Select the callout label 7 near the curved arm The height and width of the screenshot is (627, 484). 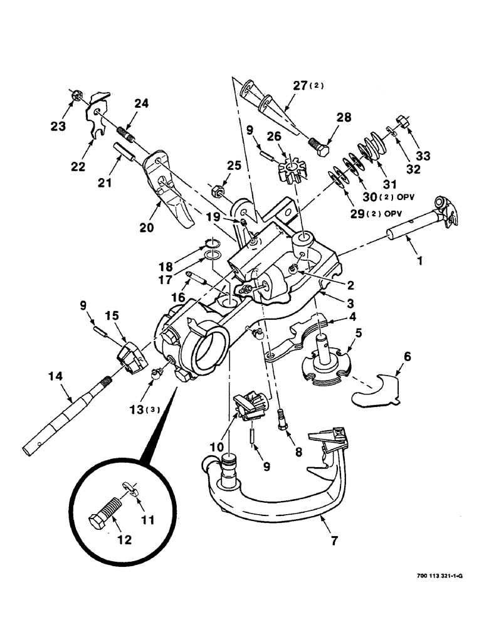(x=334, y=539)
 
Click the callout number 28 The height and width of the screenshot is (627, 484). (x=344, y=117)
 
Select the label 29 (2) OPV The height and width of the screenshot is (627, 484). (x=376, y=213)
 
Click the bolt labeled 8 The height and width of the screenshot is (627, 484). (x=282, y=419)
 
